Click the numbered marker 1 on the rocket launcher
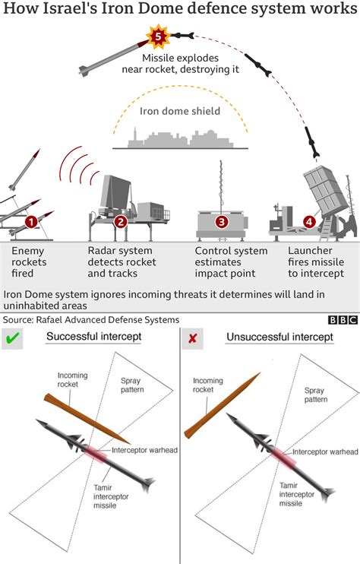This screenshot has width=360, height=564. (31, 222)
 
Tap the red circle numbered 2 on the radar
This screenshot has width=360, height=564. (121, 222)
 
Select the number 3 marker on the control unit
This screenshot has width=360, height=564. (222, 222)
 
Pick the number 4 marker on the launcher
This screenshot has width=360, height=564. (309, 222)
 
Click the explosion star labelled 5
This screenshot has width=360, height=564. (158, 36)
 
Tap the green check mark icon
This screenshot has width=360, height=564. (12, 338)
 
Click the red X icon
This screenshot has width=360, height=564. (193, 338)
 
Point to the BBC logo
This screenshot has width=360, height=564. (343, 320)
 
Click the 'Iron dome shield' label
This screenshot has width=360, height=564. (180, 111)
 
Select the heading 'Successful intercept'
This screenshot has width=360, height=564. (93, 337)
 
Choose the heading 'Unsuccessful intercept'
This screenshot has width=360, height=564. (280, 337)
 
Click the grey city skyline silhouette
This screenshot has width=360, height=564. (181, 138)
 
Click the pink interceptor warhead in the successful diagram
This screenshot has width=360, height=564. (96, 453)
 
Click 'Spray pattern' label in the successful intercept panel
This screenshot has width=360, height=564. (132, 385)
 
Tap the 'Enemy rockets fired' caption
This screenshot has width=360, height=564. (29, 261)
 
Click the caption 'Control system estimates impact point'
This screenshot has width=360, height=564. (231, 261)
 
